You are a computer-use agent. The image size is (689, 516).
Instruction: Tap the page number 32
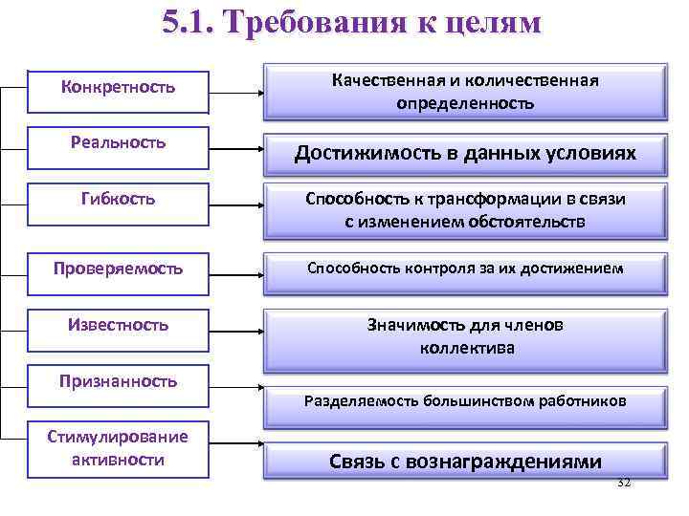pyautogui.click(x=623, y=484)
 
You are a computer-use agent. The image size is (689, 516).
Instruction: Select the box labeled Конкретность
pyautogui.click(x=118, y=88)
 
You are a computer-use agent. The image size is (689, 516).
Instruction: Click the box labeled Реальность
pyautogui.click(x=118, y=142)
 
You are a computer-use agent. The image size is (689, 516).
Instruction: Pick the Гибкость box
pyautogui.click(x=118, y=201)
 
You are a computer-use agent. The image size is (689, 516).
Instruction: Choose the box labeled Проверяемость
pyautogui.click(x=118, y=269)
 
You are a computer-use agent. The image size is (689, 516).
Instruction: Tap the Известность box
pyautogui.click(x=118, y=325)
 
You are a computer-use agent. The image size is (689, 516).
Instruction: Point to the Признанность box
pyautogui.click(x=118, y=381)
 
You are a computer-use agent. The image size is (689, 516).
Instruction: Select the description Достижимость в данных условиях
pyautogui.click(x=465, y=153)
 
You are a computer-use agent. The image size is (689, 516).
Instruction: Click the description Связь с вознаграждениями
pyautogui.click(x=465, y=462)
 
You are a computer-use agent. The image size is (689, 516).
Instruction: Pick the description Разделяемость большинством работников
pyautogui.click(x=465, y=401)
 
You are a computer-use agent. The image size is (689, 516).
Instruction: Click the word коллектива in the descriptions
pyautogui.click(x=466, y=349)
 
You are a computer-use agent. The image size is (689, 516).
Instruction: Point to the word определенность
pyautogui.click(x=465, y=103)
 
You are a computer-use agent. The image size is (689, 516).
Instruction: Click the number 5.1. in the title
pyautogui.click(x=192, y=23)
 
